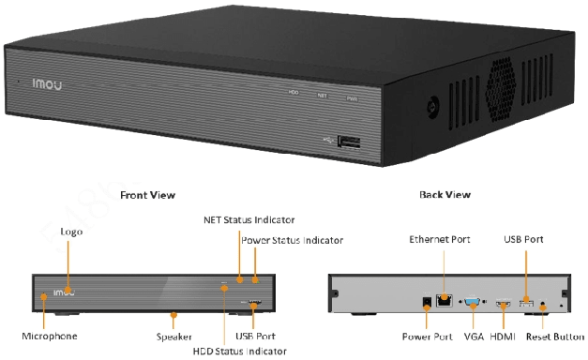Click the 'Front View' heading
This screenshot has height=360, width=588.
click(x=147, y=195)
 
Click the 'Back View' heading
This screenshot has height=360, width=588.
click(x=445, y=195)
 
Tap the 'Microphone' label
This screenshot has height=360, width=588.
click(x=50, y=336)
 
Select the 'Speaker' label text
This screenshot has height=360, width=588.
click(x=174, y=336)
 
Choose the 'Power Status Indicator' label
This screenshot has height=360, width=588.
click(x=293, y=240)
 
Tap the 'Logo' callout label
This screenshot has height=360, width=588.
click(x=72, y=230)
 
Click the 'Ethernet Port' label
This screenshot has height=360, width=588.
click(x=440, y=240)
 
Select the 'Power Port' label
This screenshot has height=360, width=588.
click(x=427, y=336)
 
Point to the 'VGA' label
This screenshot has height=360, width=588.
click(x=474, y=336)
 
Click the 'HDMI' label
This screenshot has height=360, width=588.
click(x=504, y=336)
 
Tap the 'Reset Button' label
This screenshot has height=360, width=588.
click(x=554, y=336)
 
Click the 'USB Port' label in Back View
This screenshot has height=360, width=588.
click(x=524, y=240)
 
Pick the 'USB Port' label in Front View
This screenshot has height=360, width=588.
click(x=256, y=336)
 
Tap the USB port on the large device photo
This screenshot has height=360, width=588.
click(x=350, y=142)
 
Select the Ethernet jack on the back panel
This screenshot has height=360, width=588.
click(x=445, y=301)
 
